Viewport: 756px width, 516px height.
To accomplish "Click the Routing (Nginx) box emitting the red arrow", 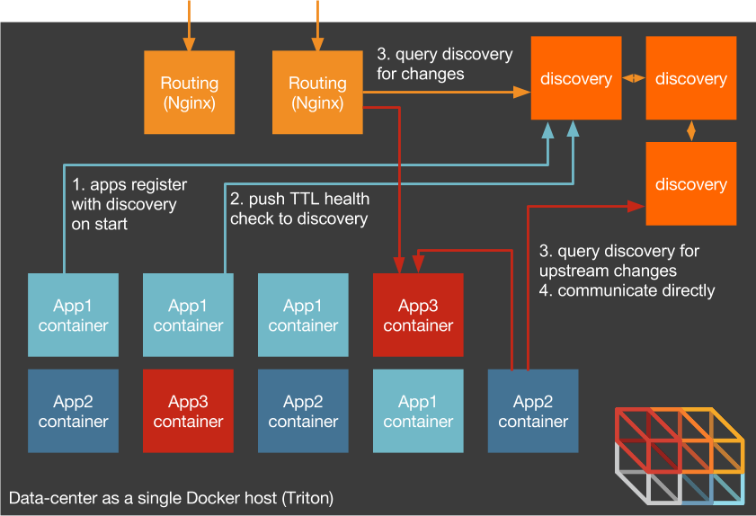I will pos(317,93).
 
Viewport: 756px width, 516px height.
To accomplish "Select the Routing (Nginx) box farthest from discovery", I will pos(189,93).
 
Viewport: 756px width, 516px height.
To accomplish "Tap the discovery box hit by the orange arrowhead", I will pos(575,78).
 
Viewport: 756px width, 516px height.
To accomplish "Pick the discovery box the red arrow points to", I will pos(690,183).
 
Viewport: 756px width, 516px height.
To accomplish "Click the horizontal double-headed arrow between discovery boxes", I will pos(634,78).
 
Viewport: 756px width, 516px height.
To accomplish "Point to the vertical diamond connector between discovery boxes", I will pos(690,130).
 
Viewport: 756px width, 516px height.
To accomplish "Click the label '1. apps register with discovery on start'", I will pos(129,204).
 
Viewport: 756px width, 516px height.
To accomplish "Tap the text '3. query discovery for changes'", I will pos(444,64).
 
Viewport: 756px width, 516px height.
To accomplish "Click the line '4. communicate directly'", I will pos(627,290).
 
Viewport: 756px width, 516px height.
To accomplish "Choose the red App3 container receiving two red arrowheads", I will pos(418,316).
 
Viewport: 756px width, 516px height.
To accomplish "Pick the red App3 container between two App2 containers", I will pos(188,411).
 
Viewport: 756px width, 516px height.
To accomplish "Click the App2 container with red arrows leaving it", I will pos(533,411).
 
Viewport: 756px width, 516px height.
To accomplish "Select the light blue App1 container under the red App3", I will pos(418,411).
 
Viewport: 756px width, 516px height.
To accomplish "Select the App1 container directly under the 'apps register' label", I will pos(73,316).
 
